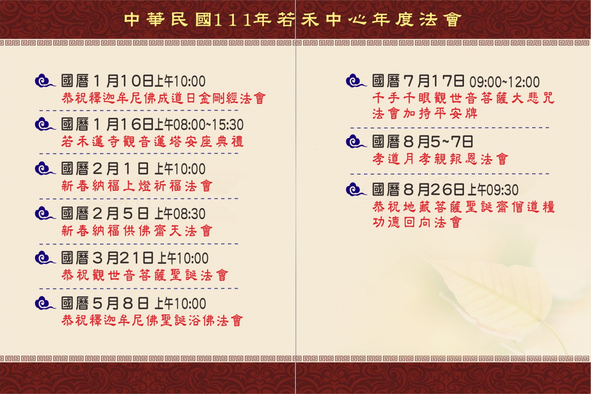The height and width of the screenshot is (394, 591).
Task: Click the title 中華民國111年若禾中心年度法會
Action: [x=293, y=19]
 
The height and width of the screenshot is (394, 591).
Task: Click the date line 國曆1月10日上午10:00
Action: [x=133, y=81]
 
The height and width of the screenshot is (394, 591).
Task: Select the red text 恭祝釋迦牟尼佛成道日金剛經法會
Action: [x=163, y=98]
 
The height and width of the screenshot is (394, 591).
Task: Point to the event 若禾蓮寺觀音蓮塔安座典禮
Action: [x=152, y=141]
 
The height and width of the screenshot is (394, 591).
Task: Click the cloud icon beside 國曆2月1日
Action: [x=45, y=169]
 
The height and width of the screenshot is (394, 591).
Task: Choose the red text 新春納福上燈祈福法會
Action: [x=137, y=186]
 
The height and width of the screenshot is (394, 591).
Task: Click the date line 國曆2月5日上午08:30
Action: [x=133, y=213]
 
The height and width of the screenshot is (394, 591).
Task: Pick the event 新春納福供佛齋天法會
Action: [x=137, y=231]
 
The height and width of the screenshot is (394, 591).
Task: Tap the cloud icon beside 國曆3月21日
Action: [x=45, y=258]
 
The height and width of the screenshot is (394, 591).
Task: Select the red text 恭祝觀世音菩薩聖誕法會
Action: [x=145, y=275]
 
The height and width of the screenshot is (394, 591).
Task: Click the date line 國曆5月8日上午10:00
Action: [x=133, y=303]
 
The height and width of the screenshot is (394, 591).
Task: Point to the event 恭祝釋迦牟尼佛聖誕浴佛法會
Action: [x=152, y=321]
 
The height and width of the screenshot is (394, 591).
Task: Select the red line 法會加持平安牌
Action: [x=425, y=114]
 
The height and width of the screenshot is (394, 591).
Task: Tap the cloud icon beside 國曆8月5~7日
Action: [x=356, y=142]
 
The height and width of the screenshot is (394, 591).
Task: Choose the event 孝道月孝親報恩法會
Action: [x=440, y=159]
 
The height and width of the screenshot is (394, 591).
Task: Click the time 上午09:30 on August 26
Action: [x=493, y=190]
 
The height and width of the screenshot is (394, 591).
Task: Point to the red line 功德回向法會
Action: [x=417, y=222]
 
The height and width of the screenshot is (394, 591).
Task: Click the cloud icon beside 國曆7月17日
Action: [x=356, y=81]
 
